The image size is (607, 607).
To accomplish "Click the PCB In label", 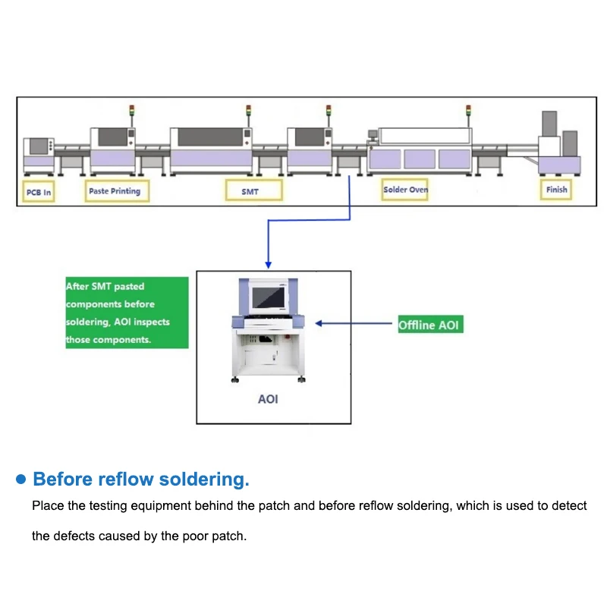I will click(39, 193).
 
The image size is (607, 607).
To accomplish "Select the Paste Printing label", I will click(115, 191).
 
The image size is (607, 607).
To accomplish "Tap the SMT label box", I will click(250, 191).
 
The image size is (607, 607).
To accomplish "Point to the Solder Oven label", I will click(405, 190).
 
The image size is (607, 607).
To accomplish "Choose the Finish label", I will click(556, 189).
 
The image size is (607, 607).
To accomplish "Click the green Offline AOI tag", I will click(430, 325).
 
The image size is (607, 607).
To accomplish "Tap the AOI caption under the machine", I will click(268, 399).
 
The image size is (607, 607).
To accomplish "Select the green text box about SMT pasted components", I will click(127, 313).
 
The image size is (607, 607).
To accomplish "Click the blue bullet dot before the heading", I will click(21, 480).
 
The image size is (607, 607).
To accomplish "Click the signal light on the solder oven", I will click(467, 112).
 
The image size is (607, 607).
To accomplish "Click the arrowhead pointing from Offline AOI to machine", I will click(319, 323).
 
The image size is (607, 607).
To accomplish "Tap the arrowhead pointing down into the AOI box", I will click(268, 263).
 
